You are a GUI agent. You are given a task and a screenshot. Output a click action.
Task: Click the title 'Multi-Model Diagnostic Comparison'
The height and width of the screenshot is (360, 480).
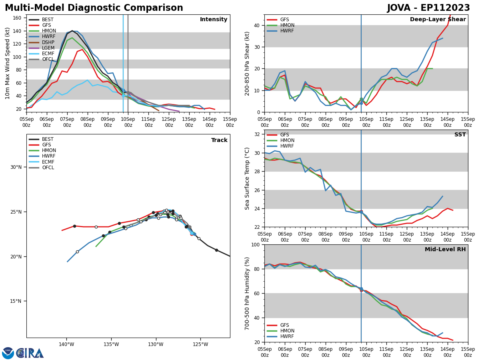point(94,8)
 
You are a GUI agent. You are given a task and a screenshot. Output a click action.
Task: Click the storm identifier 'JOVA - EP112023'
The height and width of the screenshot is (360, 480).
point(428,8)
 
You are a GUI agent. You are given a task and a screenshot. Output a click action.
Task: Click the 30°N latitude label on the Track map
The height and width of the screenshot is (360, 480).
point(16,167)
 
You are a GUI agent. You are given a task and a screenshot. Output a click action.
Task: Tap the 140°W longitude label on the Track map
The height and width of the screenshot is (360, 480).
point(66,345)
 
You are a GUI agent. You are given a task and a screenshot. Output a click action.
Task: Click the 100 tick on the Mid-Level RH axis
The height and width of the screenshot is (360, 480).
point(255,245)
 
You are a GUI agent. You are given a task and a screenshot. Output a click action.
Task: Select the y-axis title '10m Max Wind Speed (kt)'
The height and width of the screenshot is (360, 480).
point(8,63)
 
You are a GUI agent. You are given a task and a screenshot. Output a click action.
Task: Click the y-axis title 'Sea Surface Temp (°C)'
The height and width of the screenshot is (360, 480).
point(247,178)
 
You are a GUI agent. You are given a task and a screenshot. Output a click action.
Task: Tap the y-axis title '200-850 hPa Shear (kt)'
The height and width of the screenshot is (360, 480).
point(247,63)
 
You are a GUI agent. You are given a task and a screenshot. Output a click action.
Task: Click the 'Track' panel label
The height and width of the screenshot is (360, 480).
point(219,140)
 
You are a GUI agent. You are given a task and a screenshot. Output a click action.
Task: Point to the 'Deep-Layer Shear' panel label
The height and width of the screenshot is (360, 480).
point(438,20)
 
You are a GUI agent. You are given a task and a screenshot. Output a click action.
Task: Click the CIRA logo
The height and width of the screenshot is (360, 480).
point(30,353)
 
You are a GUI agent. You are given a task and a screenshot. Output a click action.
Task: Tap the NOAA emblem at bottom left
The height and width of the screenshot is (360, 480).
point(8,353)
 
